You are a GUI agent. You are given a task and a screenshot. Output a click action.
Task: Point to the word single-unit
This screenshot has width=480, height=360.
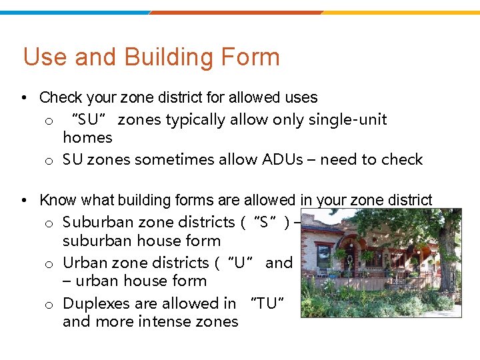point(347,120)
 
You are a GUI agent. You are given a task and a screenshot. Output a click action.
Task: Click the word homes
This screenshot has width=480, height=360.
point(87,138)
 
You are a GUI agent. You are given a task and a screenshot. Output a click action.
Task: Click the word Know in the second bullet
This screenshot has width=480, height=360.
point(59,200)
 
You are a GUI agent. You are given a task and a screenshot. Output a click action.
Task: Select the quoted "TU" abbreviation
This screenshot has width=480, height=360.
point(267,303)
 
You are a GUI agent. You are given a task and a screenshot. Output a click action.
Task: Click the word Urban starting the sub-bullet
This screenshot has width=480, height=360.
point(83,263)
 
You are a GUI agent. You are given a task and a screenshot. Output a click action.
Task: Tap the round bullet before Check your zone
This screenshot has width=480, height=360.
point(24,98)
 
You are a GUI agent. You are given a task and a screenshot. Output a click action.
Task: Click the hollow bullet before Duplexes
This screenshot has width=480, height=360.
point(49,305)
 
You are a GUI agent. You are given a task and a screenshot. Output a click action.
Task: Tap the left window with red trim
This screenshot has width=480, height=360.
point(324,256)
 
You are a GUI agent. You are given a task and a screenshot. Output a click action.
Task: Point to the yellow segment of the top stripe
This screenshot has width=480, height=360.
point(400,12)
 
